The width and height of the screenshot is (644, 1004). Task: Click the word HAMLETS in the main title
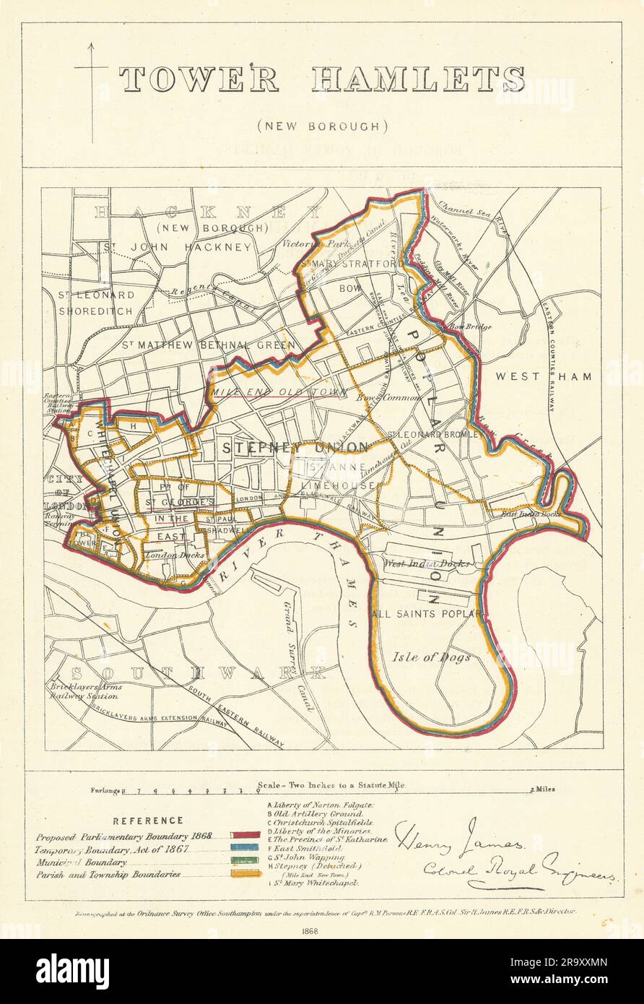418,79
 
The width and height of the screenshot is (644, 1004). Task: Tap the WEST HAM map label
543,376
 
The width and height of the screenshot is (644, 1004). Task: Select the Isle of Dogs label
432,657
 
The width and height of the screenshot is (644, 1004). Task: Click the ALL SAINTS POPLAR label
426,613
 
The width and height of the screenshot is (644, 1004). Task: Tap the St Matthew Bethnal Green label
208,345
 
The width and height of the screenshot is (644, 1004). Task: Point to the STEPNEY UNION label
295,447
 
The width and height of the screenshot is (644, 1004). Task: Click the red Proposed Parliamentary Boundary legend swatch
245,836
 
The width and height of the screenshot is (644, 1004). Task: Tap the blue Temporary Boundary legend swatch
245,849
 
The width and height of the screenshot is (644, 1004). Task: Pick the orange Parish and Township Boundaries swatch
245,874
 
